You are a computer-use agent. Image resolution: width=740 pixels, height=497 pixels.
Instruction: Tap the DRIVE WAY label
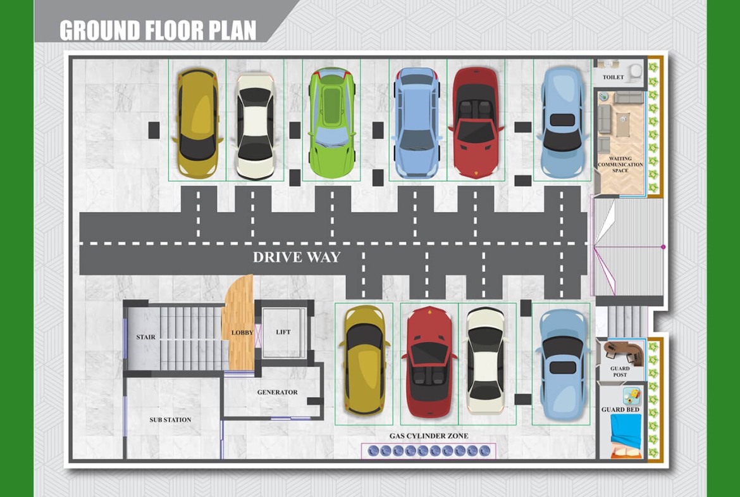(x=297, y=257)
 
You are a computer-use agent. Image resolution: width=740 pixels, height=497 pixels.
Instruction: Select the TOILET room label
(x=613, y=77)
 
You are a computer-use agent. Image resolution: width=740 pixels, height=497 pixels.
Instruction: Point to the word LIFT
(x=283, y=332)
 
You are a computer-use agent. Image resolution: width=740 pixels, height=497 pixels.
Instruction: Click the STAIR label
(x=145, y=337)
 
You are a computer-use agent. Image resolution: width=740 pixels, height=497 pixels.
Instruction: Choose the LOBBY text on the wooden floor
(x=242, y=332)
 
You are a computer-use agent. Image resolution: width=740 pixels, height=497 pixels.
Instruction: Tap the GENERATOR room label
(x=277, y=393)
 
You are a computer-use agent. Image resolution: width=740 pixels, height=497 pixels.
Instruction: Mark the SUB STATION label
(x=170, y=420)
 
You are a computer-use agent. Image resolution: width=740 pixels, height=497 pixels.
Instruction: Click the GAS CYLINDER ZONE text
(x=429, y=436)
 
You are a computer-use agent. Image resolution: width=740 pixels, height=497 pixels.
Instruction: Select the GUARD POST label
(x=620, y=372)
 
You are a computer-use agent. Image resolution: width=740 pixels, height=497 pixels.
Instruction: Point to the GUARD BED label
(x=620, y=410)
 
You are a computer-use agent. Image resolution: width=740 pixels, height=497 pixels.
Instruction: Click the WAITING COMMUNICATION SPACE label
(x=620, y=165)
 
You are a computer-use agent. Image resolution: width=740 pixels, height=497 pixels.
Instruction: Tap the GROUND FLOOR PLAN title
(x=158, y=30)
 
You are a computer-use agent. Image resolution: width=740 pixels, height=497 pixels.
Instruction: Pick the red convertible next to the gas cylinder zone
(x=429, y=362)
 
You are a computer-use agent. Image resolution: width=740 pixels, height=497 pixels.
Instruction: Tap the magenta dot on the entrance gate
(x=663, y=247)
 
